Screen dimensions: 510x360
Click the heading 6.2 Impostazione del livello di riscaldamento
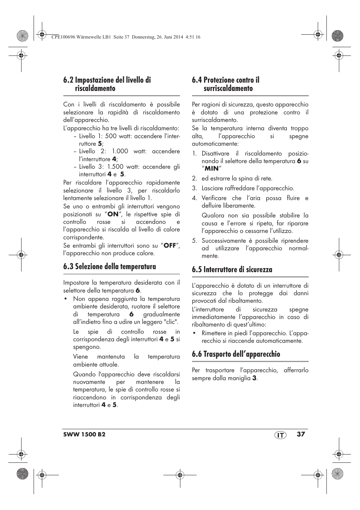point(107,84)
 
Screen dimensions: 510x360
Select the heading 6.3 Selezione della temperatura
point(109,267)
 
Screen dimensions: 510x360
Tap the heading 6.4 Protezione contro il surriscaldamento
point(226,84)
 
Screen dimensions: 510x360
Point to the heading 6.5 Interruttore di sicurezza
point(232,270)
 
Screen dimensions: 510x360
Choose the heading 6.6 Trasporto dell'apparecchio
point(236,354)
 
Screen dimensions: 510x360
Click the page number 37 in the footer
point(300,434)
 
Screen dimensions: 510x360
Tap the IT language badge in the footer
point(280,435)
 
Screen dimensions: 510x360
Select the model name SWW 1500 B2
point(84,435)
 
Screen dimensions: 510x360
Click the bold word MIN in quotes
point(212,169)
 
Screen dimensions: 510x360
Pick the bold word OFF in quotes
point(170,245)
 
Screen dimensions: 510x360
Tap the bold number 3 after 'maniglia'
point(254,378)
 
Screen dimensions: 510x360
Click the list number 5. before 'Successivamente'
point(194,240)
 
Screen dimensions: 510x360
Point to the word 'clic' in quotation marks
point(171,322)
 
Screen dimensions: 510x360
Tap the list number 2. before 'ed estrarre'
point(194,179)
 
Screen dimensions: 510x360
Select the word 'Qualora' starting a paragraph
point(212,216)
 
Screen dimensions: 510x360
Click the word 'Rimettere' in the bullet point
point(215,333)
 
